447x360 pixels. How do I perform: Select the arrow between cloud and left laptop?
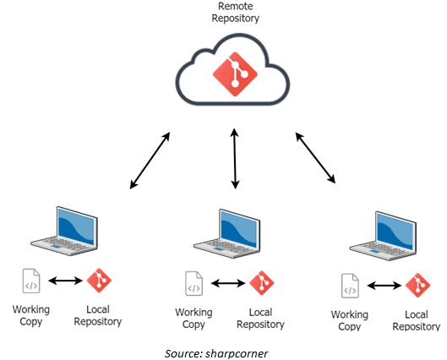click(150, 160)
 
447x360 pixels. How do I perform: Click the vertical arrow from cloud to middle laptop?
click(234, 158)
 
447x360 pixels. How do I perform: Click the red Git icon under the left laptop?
click(99, 281)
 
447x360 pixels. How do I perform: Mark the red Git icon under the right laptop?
click(417, 286)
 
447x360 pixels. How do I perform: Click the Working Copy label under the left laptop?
click(31, 315)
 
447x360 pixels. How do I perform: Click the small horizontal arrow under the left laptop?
click(64, 281)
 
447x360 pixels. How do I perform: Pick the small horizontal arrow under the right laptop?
click(383, 286)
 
